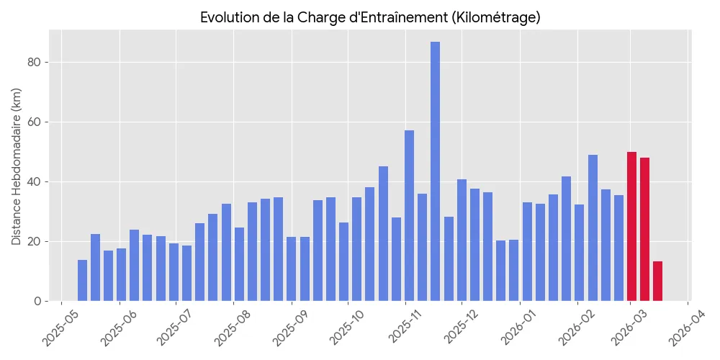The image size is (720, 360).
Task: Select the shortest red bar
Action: pyautogui.click(x=657, y=282)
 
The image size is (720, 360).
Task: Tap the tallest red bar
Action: pyautogui.click(x=631, y=227)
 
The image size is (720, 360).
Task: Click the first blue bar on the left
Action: pyautogui.click(x=82, y=281)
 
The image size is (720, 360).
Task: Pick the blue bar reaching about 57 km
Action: pyautogui.click(x=409, y=216)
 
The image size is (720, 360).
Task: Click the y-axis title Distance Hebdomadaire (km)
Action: pyautogui.click(x=17, y=166)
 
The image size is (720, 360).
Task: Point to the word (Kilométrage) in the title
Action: pyautogui.click(x=496, y=17)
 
